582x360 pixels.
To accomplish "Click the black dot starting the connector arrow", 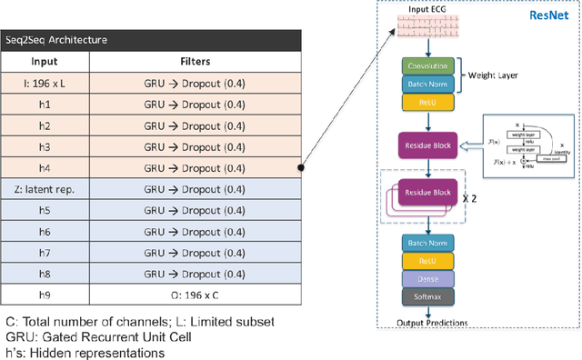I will [301, 168].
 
